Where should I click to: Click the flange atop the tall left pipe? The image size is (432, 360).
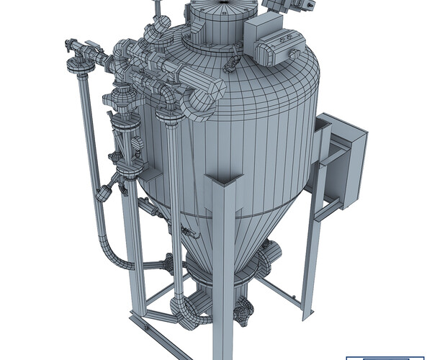coord(78,66)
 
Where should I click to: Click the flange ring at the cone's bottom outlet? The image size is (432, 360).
coord(216,277)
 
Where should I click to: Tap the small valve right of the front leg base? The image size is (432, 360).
coord(245,311)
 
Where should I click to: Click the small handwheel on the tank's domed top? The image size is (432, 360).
coord(232,67)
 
